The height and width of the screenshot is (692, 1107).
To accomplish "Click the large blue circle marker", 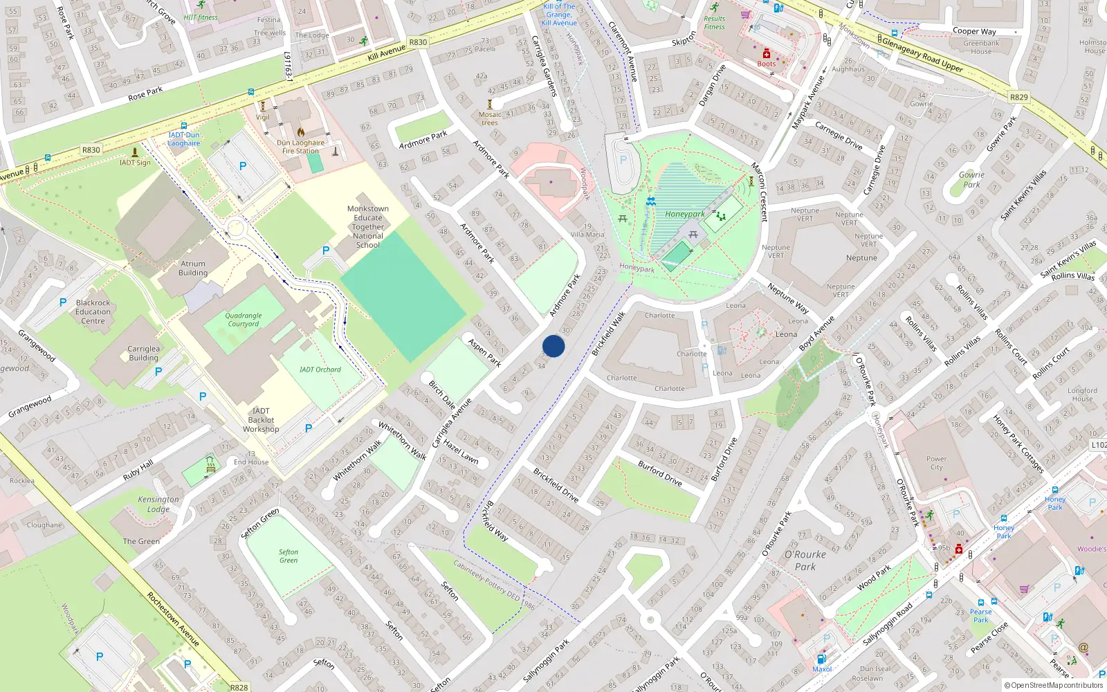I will click(x=553, y=346).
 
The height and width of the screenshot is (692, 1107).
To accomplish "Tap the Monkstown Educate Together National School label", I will click(x=368, y=227).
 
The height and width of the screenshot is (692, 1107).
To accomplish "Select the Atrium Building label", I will click(x=193, y=268).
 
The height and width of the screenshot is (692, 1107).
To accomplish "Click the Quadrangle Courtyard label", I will click(x=244, y=320).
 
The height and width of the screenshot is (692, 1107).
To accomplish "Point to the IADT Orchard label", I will click(x=320, y=370).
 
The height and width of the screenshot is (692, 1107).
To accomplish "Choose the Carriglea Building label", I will click(x=143, y=354).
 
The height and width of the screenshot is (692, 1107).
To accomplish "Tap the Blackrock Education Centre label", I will click(x=93, y=312).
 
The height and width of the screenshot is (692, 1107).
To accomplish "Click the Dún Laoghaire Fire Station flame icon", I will click(x=301, y=131).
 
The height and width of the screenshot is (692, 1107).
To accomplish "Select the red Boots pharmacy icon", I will click(x=767, y=53).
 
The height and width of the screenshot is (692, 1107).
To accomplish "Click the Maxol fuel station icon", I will click(x=821, y=659).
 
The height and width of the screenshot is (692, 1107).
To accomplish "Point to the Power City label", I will click(x=936, y=463).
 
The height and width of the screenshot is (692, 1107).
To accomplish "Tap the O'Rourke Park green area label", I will click(x=805, y=561).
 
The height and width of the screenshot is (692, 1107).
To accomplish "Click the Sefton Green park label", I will click(x=289, y=556).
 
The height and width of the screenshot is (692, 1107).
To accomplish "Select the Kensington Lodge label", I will click(x=158, y=504).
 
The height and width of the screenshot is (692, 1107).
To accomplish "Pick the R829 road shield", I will click(x=1018, y=98).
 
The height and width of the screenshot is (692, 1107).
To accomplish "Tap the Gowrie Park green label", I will click(x=971, y=180).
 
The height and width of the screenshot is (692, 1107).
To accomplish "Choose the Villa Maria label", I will click(x=587, y=235).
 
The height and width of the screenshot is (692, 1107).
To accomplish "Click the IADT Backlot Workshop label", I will click(x=261, y=420).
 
